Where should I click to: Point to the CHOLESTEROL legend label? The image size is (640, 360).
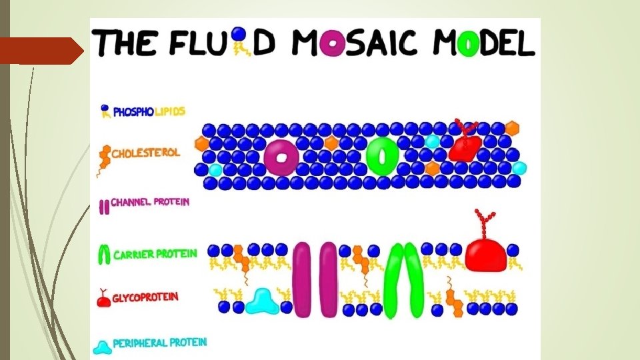(145, 153)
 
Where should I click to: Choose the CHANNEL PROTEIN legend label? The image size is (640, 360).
(150, 202)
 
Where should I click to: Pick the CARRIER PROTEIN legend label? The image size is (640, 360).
(155, 254)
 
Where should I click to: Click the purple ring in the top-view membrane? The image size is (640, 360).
(280, 157)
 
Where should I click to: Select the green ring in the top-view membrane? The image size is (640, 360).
(382, 156)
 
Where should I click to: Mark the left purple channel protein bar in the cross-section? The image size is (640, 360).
(302, 279)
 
